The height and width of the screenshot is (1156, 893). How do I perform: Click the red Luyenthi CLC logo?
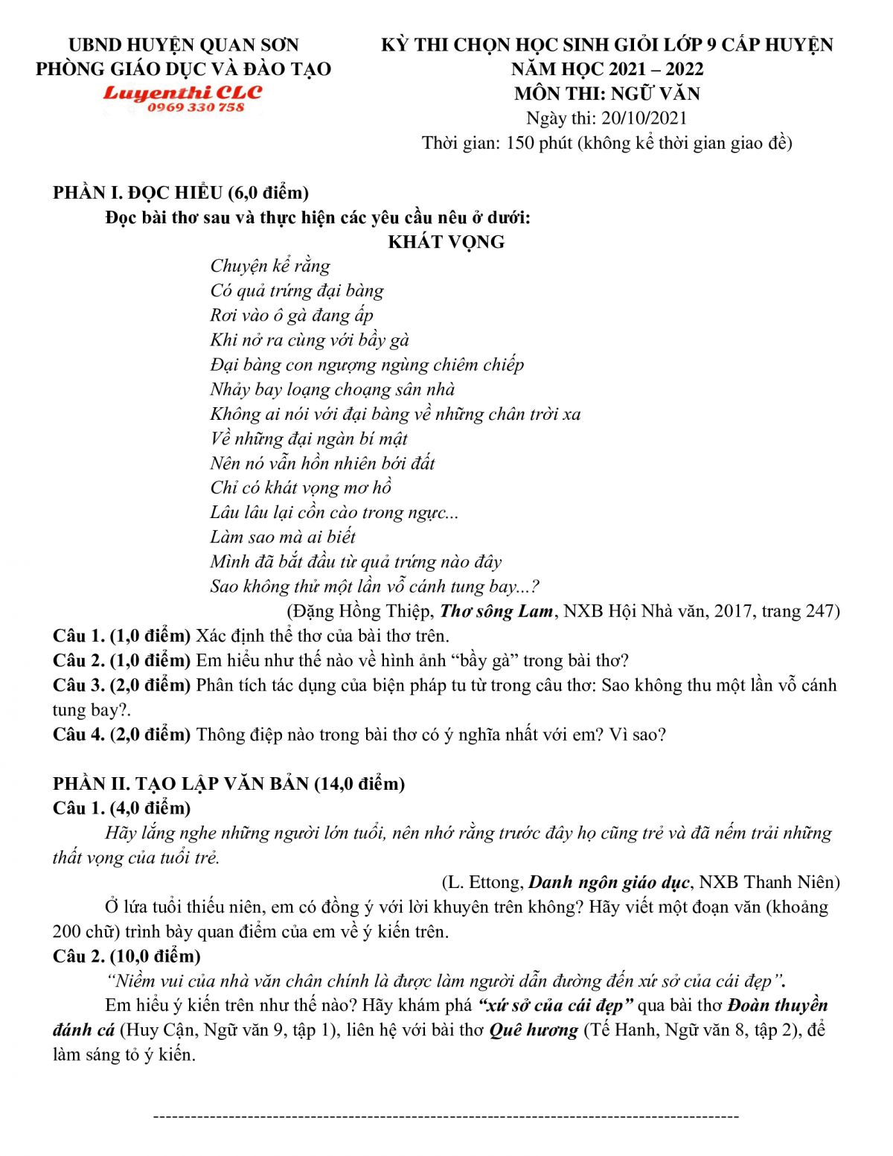click(183, 93)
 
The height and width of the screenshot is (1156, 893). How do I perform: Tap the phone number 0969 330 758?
click(196, 108)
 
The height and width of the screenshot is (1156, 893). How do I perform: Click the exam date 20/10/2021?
click(644, 118)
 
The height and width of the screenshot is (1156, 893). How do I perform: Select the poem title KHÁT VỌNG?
click(446, 242)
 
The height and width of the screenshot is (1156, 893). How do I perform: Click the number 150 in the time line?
click(520, 143)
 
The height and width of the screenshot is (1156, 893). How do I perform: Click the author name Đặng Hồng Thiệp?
click(360, 611)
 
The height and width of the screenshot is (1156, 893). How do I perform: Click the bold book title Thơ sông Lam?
click(496, 611)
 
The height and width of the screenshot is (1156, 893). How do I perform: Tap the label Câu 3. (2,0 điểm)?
click(122, 685)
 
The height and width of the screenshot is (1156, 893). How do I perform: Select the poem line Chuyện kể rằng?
click(270, 266)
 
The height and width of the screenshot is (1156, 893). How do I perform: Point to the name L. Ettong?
click(483, 882)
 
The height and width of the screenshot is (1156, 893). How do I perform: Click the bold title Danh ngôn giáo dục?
click(609, 882)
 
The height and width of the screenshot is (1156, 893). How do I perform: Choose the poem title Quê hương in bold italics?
click(534, 1030)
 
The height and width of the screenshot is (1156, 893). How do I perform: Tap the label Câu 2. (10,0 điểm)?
click(127, 956)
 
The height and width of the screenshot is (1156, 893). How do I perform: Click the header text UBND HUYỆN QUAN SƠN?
click(183, 45)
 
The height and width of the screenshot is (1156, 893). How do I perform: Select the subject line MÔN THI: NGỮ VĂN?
click(606, 94)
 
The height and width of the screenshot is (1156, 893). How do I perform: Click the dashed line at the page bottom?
click(446, 1117)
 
